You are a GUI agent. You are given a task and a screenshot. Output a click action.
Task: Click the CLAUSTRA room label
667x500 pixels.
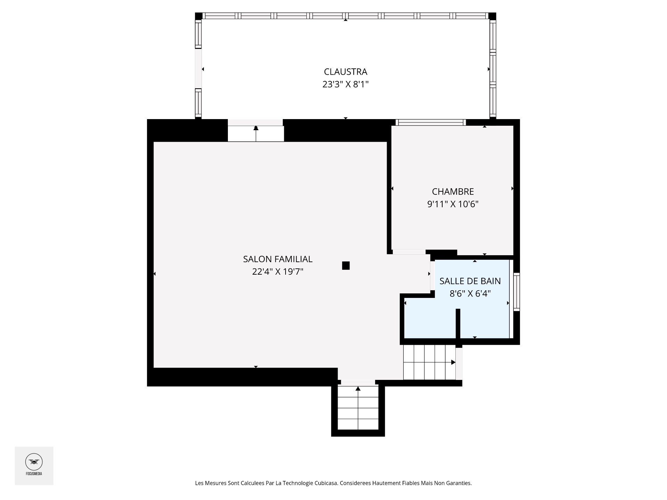click(x=345, y=72)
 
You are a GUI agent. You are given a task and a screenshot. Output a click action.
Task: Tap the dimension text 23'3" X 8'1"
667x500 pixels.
click(x=345, y=84)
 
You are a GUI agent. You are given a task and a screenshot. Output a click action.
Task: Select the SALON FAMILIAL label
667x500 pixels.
click(x=278, y=259)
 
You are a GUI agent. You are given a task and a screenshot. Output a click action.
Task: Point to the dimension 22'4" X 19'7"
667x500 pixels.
click(x=278, y=272)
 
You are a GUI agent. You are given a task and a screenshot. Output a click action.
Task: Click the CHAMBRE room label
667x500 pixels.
click(x=453, y=192)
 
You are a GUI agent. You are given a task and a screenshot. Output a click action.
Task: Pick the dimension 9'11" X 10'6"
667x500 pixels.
click(x=453, y=204)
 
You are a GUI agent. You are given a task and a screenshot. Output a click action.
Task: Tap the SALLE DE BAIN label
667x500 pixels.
click(x=470, y=281)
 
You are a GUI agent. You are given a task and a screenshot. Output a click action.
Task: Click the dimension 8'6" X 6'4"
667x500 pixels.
click(x=470, y=294)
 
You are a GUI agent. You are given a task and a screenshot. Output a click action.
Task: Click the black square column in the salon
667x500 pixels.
click(x=346, y=266)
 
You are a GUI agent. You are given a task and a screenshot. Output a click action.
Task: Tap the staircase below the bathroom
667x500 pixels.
click(x=429, y=362)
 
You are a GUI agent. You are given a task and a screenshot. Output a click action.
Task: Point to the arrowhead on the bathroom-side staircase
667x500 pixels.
click(x=453, y=362)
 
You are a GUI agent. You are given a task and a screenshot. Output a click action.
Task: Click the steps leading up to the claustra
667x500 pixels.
click(x=256, y=134)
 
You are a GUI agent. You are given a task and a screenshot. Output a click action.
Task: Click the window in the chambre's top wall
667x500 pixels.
click(x=431, y=122)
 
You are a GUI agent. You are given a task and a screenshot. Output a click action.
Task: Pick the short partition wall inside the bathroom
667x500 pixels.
click(x=458, y=328)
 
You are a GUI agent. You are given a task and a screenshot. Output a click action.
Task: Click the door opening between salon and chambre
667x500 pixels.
click(x=409, y=252)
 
